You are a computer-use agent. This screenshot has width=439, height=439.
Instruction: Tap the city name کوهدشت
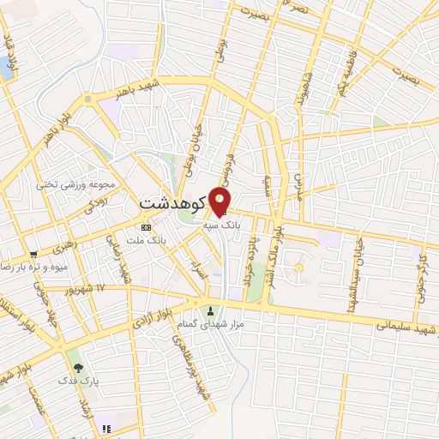pyautogui.click(x=171, y=205)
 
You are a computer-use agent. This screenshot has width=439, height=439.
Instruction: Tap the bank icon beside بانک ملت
pyautogui.click(x=145, y=227)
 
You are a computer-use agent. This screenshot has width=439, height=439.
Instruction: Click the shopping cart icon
pyautogui.click(x=33, y=254)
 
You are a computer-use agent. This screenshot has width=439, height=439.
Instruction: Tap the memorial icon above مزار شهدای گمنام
pyautogui.click(x=211, y=310)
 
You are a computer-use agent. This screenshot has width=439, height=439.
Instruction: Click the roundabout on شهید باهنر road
pyautogui.click(x=88, y=101)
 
